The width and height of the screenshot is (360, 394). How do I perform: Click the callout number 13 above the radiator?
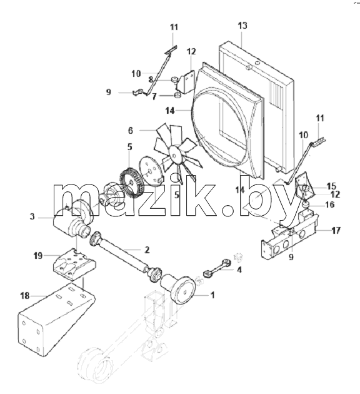point(242,26)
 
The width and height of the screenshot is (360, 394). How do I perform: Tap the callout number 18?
point(25,296)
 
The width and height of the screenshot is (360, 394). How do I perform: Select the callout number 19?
point(38,256)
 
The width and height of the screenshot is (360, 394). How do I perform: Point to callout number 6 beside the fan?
point(130,131)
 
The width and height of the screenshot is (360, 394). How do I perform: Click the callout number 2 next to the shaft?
point(147,250)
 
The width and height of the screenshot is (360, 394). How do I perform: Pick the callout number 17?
point(336,230)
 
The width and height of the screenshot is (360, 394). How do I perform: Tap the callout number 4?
point(239,270)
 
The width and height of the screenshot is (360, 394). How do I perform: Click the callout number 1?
point(212,295)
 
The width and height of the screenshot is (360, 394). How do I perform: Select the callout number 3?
point(32,216)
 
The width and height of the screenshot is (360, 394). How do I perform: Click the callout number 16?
point(330,205)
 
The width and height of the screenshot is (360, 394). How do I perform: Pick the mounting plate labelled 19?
point(74,264)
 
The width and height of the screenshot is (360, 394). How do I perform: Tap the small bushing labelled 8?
point(174,80)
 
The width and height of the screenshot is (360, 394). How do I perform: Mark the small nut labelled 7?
point(177,95)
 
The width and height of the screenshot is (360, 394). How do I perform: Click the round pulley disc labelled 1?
point(184,291)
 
